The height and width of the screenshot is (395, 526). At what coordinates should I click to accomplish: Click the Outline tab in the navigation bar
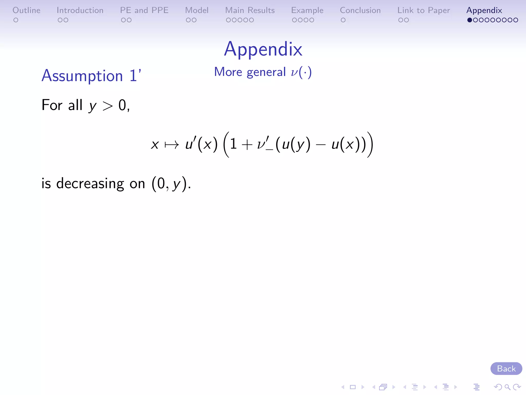tap(26, 10)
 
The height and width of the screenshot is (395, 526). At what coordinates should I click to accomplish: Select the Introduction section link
tap(80, 10)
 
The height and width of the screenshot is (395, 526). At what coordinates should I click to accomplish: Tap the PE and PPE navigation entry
tap(144, 10)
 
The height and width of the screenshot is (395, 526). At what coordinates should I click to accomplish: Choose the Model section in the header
tap(197, 10)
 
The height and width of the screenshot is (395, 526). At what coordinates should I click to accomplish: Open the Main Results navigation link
tap(250, 10)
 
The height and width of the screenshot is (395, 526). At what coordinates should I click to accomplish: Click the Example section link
tap(307, 10)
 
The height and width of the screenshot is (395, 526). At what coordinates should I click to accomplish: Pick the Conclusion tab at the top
tap(360, 10)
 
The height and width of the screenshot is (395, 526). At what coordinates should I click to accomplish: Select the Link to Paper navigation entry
tap(424, 10)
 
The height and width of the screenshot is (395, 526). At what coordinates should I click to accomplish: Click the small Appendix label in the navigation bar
tap(484, 10)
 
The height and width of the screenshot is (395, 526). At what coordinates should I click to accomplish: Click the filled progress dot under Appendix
tap(469, 20)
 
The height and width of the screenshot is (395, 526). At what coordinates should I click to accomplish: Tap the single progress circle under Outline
tap(16, 20)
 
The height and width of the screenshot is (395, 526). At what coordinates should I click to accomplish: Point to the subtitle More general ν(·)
tap(263, 72)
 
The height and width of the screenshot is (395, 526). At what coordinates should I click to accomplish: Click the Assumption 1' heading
tap(91, 76)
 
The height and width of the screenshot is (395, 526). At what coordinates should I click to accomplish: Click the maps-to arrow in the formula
tap(172, 145)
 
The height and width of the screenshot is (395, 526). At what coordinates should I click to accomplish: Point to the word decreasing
tap(90, 184)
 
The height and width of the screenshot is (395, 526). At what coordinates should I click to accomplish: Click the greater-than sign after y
tap(108, 106)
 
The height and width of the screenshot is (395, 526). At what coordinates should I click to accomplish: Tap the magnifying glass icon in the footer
tap(507, 387)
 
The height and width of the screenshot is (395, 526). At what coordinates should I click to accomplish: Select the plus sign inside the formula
tap(247, 145)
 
